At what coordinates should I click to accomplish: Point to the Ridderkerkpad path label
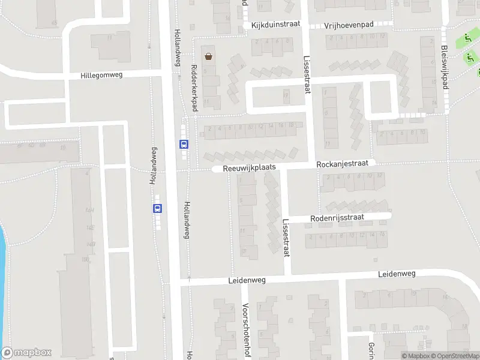click(x=193, y=88)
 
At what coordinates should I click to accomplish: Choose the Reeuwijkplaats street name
click(x=249, y=169)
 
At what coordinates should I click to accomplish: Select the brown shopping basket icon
click(x=208, y=57)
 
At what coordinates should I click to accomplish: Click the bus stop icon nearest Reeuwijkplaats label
click(x=184, y=144)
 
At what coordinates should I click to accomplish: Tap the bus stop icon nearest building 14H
click(x=157, y=208)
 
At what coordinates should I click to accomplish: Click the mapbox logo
click(x=26, y=353)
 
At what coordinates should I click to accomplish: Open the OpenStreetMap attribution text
click(x=457, y=356)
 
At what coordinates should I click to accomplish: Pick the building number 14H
click(x=91, y=210)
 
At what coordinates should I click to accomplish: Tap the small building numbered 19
click(x=286, y=94)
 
